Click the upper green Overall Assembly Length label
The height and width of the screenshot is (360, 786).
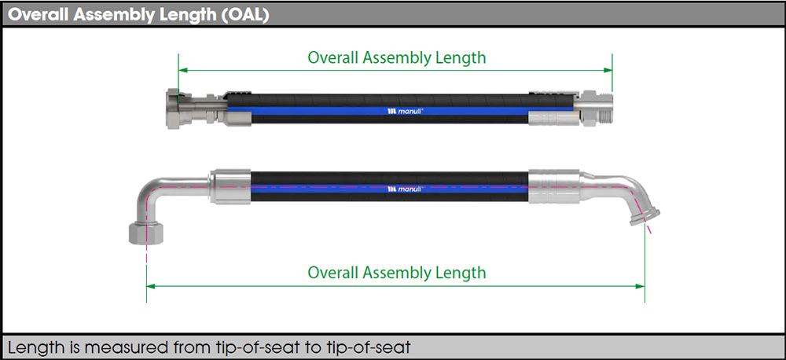(396, 57)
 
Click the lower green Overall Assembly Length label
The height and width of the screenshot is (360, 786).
(396, 273)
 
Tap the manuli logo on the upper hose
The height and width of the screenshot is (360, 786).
(406, 112)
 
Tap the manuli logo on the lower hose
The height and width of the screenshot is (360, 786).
(406, 189)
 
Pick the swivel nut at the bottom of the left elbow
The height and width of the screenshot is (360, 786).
(145, 233)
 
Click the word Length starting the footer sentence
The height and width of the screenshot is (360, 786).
(32, 346)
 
